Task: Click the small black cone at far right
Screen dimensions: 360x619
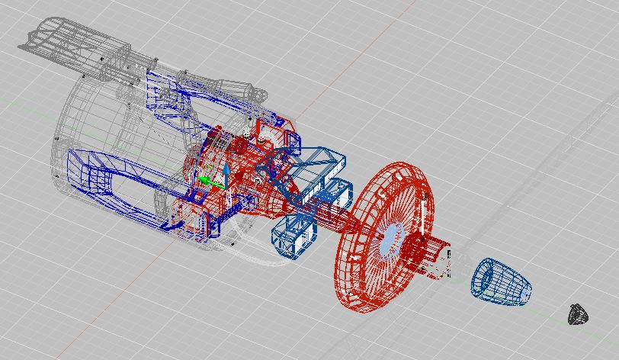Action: click(579, 313)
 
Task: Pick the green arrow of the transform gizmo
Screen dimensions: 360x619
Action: click(207, 181)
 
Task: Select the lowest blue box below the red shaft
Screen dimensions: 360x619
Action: click(291, 236)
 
